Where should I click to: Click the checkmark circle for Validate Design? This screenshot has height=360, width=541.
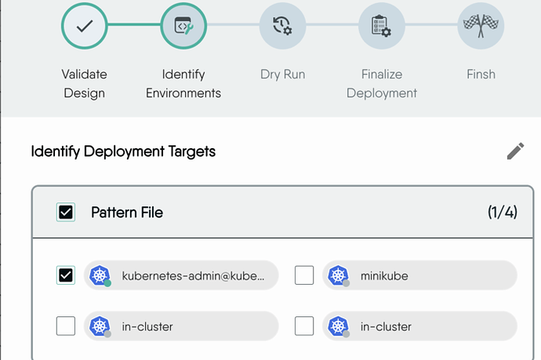pyautogui.click(x=85, y=26)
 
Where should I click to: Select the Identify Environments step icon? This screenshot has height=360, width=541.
pyautogui.click(x=183, y=26)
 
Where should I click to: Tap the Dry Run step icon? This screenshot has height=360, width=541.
pyautogui.click(x=282, y=26)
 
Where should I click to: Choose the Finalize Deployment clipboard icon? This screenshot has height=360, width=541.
pyautogui.click(x=382, y=26)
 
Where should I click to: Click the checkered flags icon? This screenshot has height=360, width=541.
pyautogui.click(x=481, y=26)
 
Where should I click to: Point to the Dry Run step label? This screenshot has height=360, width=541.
pyautogui.click(x=282, y=75)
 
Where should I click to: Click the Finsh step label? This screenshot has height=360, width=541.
pyautogui.click(x=481, y=75)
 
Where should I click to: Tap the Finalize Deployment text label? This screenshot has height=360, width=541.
pyautogui.click(x=382, y=84)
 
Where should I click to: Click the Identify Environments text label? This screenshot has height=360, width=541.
pyautogui.click(x=183, y=84)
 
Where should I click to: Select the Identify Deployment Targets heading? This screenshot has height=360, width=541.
pyautogui.click(x=123, y=151)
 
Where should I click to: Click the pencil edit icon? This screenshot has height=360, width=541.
pyautogui.click(x=515, y=151)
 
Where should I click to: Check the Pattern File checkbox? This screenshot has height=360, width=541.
pyautogui.click(x=66, y=212)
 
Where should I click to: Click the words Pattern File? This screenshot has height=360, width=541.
pyautogui.click(x=127, y=213)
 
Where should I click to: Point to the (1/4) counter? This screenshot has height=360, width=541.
pyautogui.click(x=503, y=213)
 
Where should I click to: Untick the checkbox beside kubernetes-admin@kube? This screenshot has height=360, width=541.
pyautogui.click(x=66, y=275)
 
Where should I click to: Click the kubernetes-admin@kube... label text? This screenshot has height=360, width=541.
pyautogui.click(x=193, y=276)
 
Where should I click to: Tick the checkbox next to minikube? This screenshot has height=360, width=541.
pyautogui.click(x=304, y=275)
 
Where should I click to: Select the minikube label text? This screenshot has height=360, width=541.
pyautogui.click(x=384, y=276)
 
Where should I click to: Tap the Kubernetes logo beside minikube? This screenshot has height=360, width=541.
pyautogui.click(x=338, y=275)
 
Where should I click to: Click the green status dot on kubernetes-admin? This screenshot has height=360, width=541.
pyautogui.click(x=107, y=283)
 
